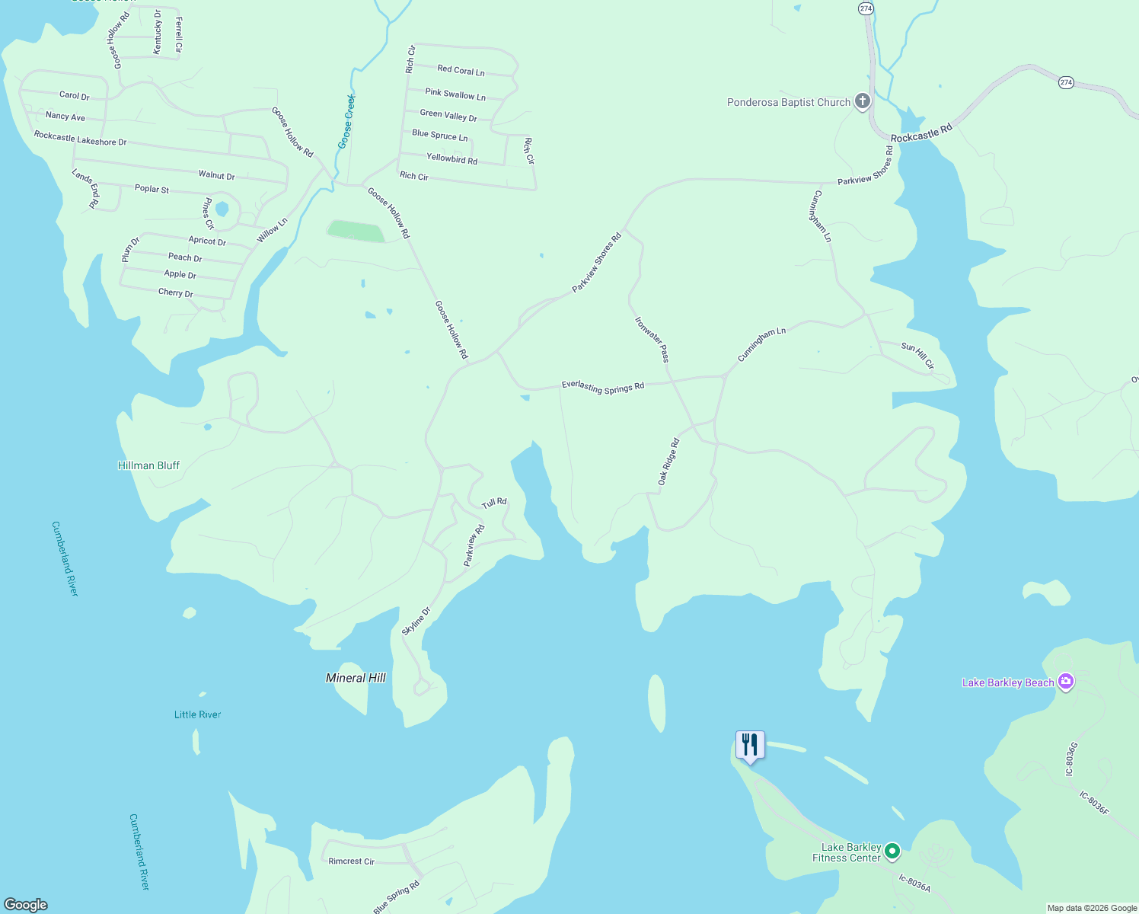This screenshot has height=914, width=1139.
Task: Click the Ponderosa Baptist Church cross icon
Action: point(862,101)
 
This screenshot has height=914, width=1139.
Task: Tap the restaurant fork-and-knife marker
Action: point(750,744)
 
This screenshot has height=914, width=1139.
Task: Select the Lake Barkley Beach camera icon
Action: point(1066,682)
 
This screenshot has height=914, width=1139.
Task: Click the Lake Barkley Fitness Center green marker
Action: point(892,851)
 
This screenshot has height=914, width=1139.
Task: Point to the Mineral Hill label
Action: point(356,678)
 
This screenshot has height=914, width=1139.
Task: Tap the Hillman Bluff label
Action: point(148,465)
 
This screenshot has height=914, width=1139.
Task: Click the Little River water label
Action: point(197,714)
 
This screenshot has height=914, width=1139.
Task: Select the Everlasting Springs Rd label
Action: point(603,387)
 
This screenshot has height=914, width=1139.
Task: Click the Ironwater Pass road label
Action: point(652,339)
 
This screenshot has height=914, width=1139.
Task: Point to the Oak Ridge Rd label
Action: point(668,462)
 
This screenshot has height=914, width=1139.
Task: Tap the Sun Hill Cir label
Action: point(917,356)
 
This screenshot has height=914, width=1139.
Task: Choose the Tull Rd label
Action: point(494,503)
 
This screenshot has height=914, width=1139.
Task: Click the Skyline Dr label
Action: point(416,621)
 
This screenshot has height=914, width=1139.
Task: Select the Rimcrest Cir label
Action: point(351,861)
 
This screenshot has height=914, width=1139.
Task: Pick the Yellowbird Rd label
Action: point(451,158)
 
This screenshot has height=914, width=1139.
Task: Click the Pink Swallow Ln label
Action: point(455,94)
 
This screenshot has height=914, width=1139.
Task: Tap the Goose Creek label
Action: point(346,122)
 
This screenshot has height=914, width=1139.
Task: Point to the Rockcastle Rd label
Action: point(921,133)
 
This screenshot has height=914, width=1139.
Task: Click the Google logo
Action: point(26,904)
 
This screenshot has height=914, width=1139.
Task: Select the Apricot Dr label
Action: point(207,241)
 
